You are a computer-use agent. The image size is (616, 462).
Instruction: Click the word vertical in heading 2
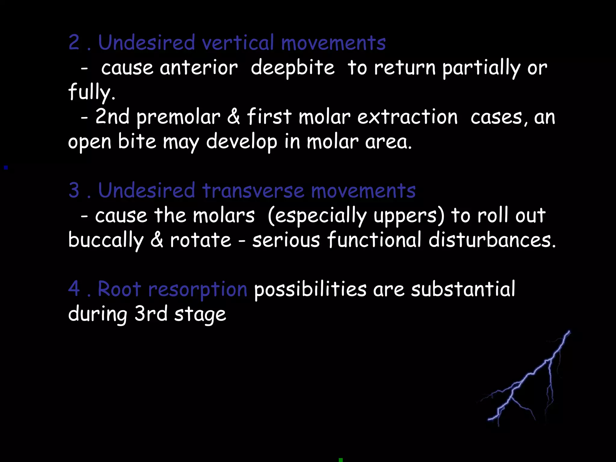click(238, 43)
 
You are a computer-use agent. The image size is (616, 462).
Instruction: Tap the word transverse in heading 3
click(253, 191)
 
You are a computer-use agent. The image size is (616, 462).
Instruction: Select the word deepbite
click(292, 68)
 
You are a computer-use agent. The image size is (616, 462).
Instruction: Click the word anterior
click(199, 68)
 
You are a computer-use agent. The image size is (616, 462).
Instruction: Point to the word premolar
click(178, 117)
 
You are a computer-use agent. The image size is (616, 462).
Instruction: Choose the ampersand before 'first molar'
click(233, 117)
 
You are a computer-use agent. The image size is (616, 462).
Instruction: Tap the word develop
click(242, 142)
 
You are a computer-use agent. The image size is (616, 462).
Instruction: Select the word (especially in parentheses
click(317, 216)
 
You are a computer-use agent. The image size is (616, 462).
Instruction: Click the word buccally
click(106, 241)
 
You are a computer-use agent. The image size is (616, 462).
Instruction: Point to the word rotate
click(201, 241)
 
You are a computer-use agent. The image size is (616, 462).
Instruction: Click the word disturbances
click(492, 240)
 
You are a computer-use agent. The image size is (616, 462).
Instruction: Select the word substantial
click(463, 289)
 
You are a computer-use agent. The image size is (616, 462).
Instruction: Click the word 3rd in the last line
click(151, 314)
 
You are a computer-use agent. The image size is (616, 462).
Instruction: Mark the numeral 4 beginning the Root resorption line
click(74, 289)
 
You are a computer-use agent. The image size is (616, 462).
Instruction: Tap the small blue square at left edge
click(6, 168)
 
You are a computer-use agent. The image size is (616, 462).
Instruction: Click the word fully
click(91, 93)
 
